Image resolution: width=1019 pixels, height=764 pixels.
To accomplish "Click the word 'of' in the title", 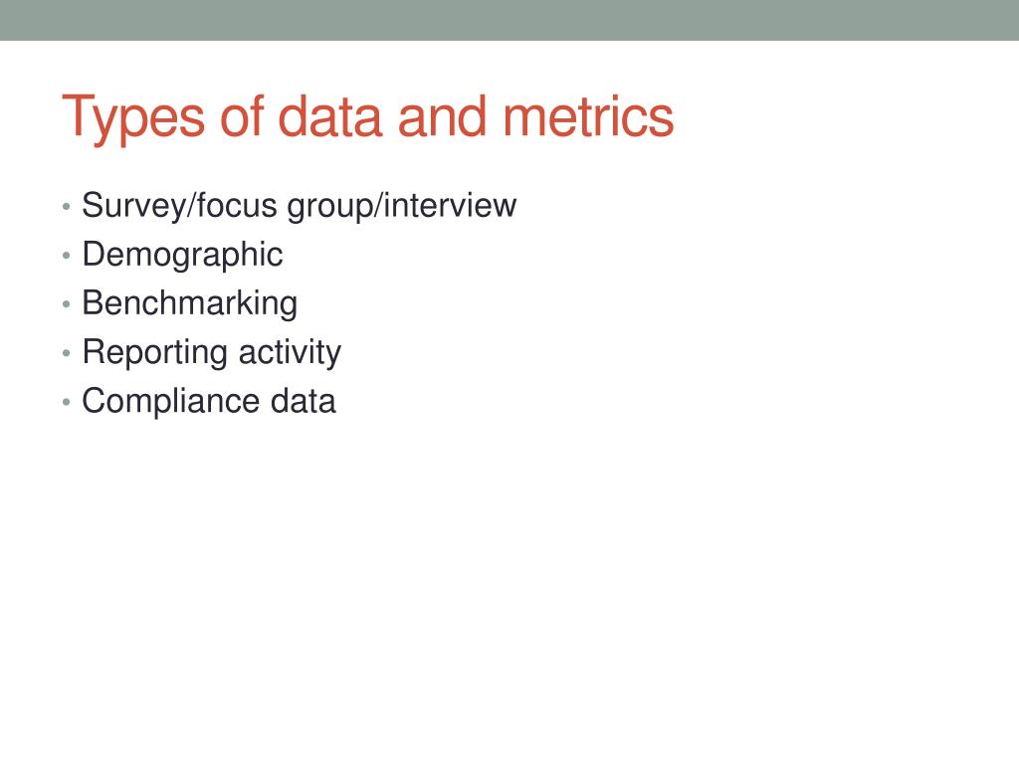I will [238, 117].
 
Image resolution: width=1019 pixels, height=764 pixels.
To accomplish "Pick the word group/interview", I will [402, 207].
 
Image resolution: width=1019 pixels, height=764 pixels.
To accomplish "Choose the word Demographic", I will [182, 255].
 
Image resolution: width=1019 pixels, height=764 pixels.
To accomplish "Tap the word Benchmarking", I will [189, 303].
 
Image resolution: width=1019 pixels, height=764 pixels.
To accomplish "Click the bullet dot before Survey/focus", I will [66, 208].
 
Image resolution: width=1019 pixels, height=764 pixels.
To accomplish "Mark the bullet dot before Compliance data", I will [66, 403].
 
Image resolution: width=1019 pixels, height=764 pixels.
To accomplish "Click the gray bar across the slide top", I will [509, 20].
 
